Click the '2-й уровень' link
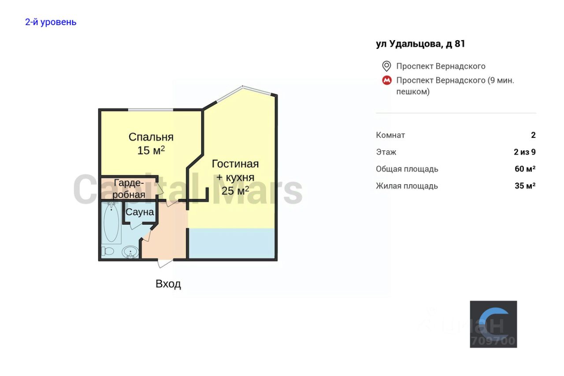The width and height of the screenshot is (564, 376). (x=51, y=22)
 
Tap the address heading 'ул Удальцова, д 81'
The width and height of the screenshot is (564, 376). (x=420, y=44)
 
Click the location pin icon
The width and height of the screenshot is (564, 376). (x=386, y=66)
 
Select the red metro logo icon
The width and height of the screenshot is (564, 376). (x=386, y=81)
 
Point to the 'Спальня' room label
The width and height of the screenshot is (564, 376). (x=151, y=137)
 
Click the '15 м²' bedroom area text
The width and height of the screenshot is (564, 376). (x=151, y=150)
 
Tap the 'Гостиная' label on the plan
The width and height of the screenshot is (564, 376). (x=235, y=164)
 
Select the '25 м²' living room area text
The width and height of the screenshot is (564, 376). (x=235, y=190)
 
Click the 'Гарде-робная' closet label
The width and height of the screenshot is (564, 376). (x=129, y=189)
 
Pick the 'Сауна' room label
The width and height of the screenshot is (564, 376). (x=140, y=212)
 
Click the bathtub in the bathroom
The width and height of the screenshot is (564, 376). (x=111, y=223)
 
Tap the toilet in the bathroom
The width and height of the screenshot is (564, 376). (x=107, y=251)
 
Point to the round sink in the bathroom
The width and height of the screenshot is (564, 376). (x=130, y=252)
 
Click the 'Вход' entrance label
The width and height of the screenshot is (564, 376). (x=168, y=284)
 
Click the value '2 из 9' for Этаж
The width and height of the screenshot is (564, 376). (x=524, y=152)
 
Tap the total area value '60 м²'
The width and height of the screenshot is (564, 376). (x=525, y=169)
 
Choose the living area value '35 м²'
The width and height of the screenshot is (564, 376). (x=525, y=186)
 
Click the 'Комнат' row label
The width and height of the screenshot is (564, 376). (x=390, y=135)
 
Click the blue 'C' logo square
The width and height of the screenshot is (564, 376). (x=493, y=324)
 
